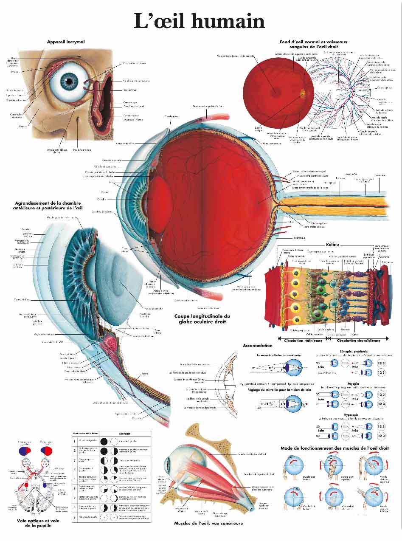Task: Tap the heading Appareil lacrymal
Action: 66,42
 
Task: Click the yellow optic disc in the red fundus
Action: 302,92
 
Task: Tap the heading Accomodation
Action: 258,346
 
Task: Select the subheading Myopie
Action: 353,383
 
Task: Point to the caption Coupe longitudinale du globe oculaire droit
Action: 202,319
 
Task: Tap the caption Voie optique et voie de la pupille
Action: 38,523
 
